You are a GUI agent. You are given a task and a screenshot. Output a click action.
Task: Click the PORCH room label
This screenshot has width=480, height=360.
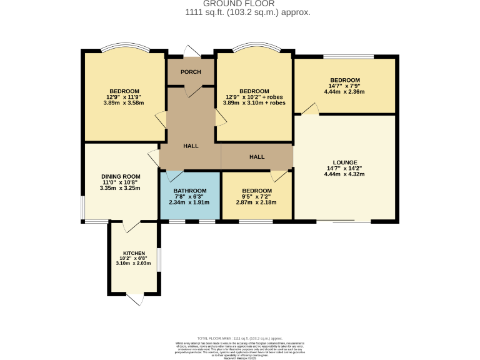191,72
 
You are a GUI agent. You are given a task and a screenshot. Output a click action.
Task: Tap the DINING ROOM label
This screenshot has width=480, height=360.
121,176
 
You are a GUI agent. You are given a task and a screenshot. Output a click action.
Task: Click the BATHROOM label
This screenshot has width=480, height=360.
190,191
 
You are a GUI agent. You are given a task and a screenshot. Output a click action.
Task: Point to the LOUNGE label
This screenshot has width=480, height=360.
345,162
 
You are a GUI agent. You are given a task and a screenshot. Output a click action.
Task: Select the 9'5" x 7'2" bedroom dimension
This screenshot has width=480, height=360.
256,196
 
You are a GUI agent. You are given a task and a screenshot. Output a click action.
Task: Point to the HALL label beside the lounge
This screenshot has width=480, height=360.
257,157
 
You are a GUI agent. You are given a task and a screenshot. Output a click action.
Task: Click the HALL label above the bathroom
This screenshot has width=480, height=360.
191,146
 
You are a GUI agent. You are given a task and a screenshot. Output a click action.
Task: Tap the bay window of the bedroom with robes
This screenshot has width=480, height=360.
253,49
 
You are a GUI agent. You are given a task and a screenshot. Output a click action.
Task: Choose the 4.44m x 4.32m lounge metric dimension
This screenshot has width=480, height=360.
344,174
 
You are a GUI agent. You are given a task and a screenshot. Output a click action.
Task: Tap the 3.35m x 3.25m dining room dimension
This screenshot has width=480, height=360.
121,187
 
